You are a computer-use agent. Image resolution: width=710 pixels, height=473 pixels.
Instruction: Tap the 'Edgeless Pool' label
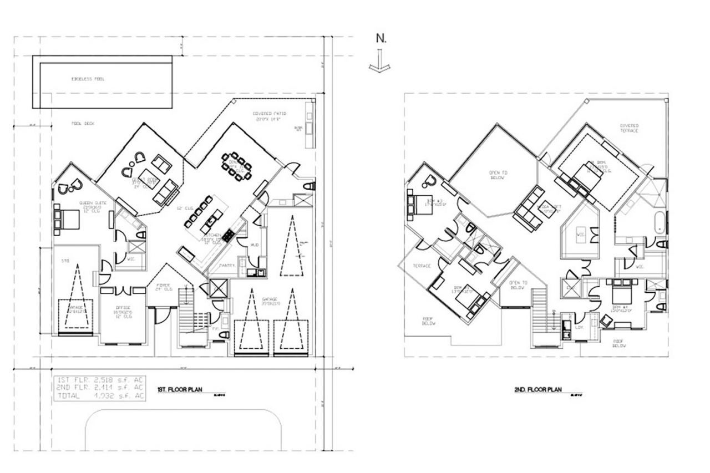pos(88,79)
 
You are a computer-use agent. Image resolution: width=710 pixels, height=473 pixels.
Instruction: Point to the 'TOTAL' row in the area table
pos(100,396)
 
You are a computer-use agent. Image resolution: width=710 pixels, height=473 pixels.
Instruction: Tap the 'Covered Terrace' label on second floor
pos(630,128)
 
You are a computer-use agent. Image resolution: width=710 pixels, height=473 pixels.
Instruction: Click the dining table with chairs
pos(236,166)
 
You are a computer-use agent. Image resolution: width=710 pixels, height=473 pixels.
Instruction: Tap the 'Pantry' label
pos(227,266)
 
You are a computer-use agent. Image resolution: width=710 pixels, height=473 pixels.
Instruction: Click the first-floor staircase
pos(188,322)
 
